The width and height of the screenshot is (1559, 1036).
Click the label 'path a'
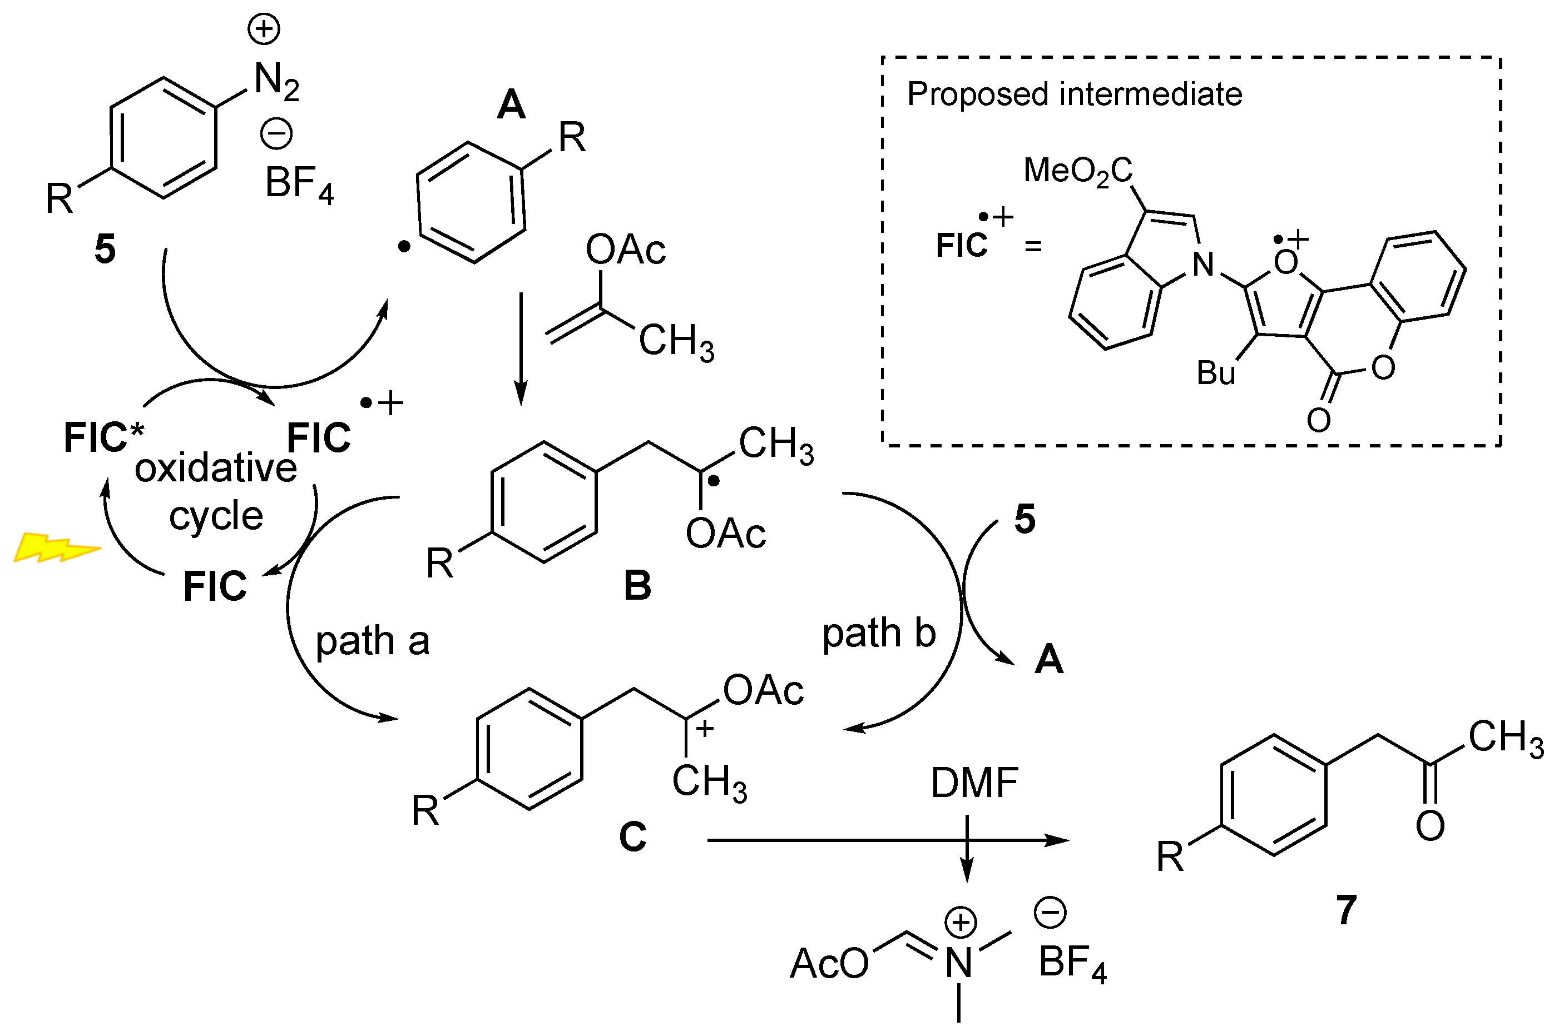372,641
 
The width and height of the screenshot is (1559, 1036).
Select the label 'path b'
879,634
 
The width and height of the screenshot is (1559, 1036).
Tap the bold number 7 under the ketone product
1346,910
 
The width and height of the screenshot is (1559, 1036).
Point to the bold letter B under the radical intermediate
637,586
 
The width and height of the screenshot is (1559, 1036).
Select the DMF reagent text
974,784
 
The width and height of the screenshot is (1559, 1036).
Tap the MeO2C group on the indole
1078,171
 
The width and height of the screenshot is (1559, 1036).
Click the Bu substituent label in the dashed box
1215,373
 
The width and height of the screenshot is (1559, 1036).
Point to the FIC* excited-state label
103,437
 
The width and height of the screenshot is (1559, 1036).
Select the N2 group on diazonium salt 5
276,81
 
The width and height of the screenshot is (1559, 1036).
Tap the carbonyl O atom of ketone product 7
1429,826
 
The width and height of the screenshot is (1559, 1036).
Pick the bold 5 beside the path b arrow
1024,519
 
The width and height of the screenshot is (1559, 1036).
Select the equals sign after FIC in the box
1033,246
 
